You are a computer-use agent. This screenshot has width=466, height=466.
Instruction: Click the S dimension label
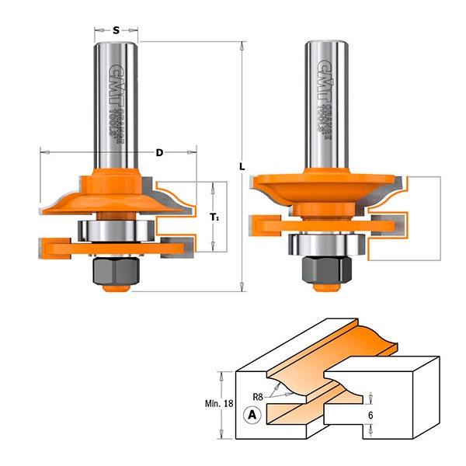(116, 30)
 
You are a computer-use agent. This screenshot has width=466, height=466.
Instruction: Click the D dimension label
(159, 153)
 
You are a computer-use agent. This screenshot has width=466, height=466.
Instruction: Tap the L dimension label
(242, 167)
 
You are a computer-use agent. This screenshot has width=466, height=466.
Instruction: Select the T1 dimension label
(215, 217)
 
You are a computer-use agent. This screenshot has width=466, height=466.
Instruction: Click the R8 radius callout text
(258, 396)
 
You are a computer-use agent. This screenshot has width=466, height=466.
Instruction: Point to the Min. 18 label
(219, 404)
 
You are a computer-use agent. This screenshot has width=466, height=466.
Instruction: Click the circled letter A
(252, 414)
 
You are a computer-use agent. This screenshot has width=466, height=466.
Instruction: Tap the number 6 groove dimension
(370, 416)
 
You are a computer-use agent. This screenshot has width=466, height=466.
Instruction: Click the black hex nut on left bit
(116, 270)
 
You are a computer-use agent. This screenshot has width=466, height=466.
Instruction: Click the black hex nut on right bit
(327, 269)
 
